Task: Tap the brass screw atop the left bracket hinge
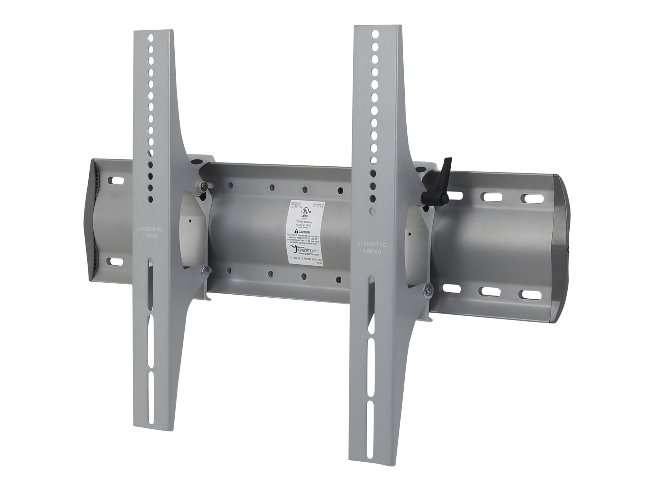(x=203, y=186)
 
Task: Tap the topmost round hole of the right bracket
(x=375, y=34)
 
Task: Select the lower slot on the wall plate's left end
(x=116, y=262)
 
